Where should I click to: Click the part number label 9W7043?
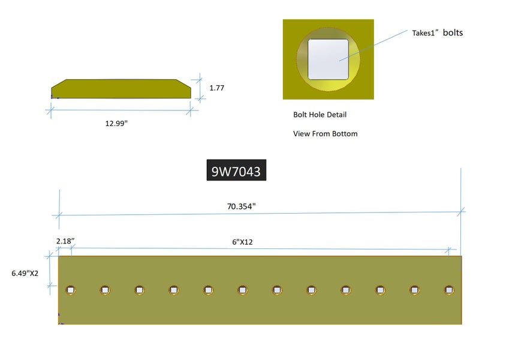[236, 172]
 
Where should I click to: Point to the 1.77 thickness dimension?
[216, 88]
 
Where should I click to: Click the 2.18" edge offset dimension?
[65, 241]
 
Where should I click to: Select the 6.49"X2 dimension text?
[25, 273]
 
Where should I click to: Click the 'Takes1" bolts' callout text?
[437, 33]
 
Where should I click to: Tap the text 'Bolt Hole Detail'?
[320, 115]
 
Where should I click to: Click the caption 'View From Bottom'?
[325, 134]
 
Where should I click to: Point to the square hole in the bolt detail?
[329, 59]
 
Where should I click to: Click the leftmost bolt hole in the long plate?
[71, 290]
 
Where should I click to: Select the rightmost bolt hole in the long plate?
[448, 290]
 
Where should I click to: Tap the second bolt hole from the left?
[105, 290]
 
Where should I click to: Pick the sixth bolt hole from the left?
[242, 290]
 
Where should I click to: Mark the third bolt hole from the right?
[380, 290]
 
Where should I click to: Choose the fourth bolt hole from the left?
[174, 290]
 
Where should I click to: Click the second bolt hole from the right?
[414, 290]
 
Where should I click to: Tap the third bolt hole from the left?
[140, 290]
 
